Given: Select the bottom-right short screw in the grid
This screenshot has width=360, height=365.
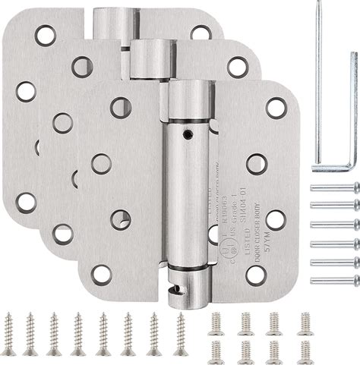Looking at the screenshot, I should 305,351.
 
